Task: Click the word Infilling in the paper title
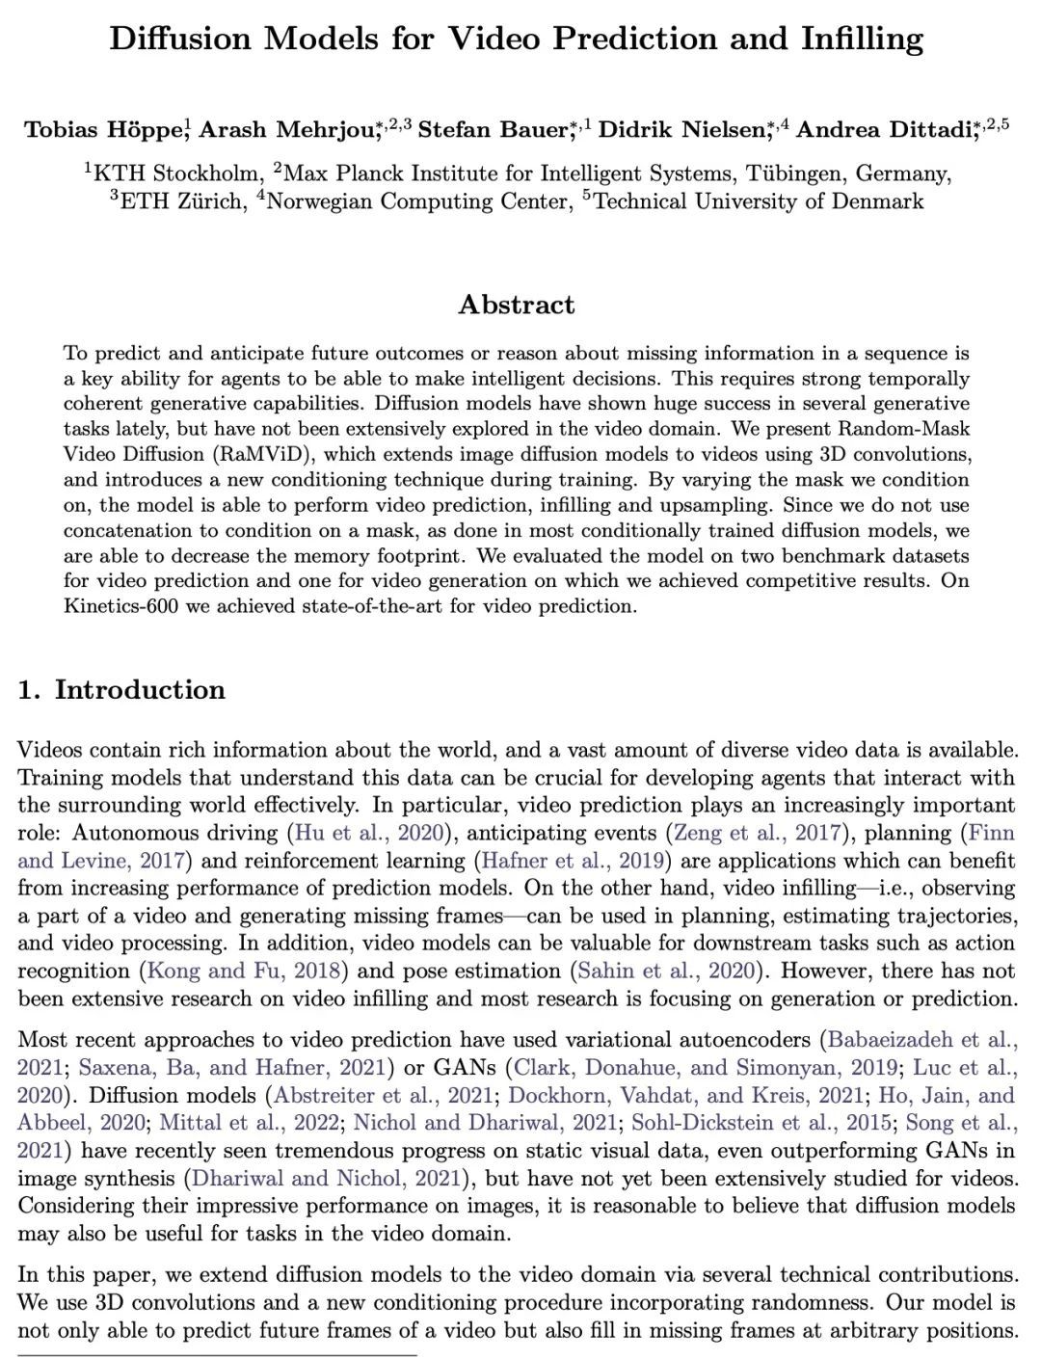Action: tap(862, 39)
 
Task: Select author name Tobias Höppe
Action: tap(104, 130)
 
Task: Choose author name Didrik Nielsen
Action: tap(681, 130)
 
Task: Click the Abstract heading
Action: tap(517, 305)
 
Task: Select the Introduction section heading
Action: tap(140, 690)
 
